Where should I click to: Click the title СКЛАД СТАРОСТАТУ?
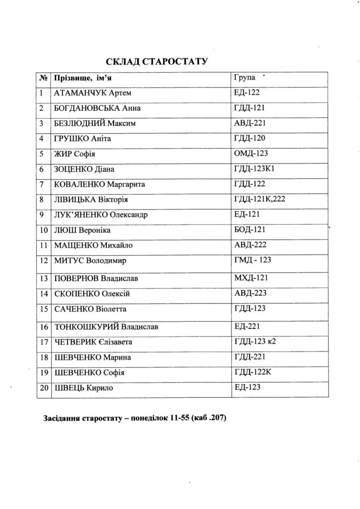tap(156, 61)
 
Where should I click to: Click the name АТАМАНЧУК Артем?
tap(92, 93)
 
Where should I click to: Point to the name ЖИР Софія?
tap(74, 154)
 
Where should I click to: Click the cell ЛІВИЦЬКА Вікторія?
tap(91, 199)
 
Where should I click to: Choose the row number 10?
tap(44, 230)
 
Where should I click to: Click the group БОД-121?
tap(250, 230)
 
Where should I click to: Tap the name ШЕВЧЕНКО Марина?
tap(92, 357)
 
